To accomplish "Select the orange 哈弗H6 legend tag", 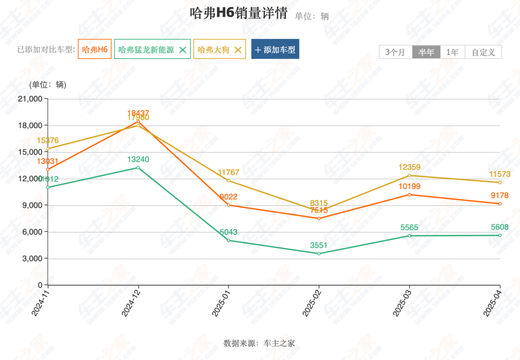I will (94, 50).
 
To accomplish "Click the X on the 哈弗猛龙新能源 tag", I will (182, 50).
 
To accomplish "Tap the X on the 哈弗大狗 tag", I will (237, 50).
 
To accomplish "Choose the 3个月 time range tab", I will (395, 52).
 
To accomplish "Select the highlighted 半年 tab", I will (426, 52).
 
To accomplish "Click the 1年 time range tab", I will (453, 52).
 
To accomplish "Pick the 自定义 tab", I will (483, 52).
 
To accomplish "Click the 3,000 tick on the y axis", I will (31, 258).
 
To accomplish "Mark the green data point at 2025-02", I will (319, 254).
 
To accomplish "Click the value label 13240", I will (138, 159).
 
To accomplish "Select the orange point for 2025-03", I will (409, 194).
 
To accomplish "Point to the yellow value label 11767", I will (228, 172).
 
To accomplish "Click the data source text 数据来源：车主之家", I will (259, 343).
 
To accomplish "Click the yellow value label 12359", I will (409, 167).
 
